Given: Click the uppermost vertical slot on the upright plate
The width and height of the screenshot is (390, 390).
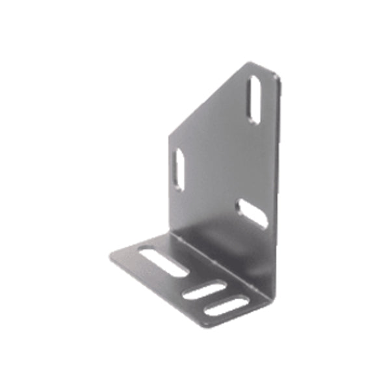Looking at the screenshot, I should pos(254,99).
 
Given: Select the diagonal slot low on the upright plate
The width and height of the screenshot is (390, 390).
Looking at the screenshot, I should pos(252,214).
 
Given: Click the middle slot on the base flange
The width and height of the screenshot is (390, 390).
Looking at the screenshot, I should pos(204,291).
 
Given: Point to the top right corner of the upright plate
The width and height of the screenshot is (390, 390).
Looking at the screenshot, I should pos(276,75).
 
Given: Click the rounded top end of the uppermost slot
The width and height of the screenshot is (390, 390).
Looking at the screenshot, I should pos(255,83).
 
